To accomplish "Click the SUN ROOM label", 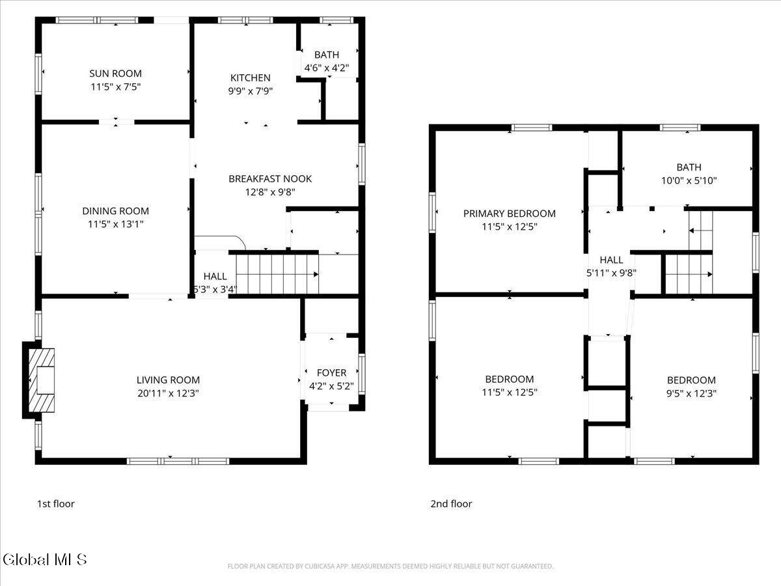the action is (x=115, y=74).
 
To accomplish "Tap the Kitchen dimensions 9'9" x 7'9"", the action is (x=250, y=91).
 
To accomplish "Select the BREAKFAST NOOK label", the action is (x=270, y=178).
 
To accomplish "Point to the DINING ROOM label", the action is (x=116, y=211).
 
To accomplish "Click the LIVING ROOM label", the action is (x=168, y=380).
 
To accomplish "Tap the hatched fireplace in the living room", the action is (x=42, y=380).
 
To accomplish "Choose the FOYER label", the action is (x=331, y=373).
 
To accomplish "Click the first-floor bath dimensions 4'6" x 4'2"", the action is (x=326, y=68).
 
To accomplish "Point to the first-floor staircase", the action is (x=277, y=274).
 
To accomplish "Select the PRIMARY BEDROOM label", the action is (x=509, y=214).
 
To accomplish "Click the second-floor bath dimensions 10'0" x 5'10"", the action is (x=689, y=181).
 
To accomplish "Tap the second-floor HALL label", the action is (x=611, y=260).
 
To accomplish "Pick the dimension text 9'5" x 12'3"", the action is (x=691, y=393).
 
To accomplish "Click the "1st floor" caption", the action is (x=56, y=504).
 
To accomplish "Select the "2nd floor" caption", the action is (x=451, y=504).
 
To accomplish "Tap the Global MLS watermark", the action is (x=45, y=559).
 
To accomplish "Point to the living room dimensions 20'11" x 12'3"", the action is (x=168, y=393).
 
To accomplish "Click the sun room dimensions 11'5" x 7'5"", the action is (x=116, y=87).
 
